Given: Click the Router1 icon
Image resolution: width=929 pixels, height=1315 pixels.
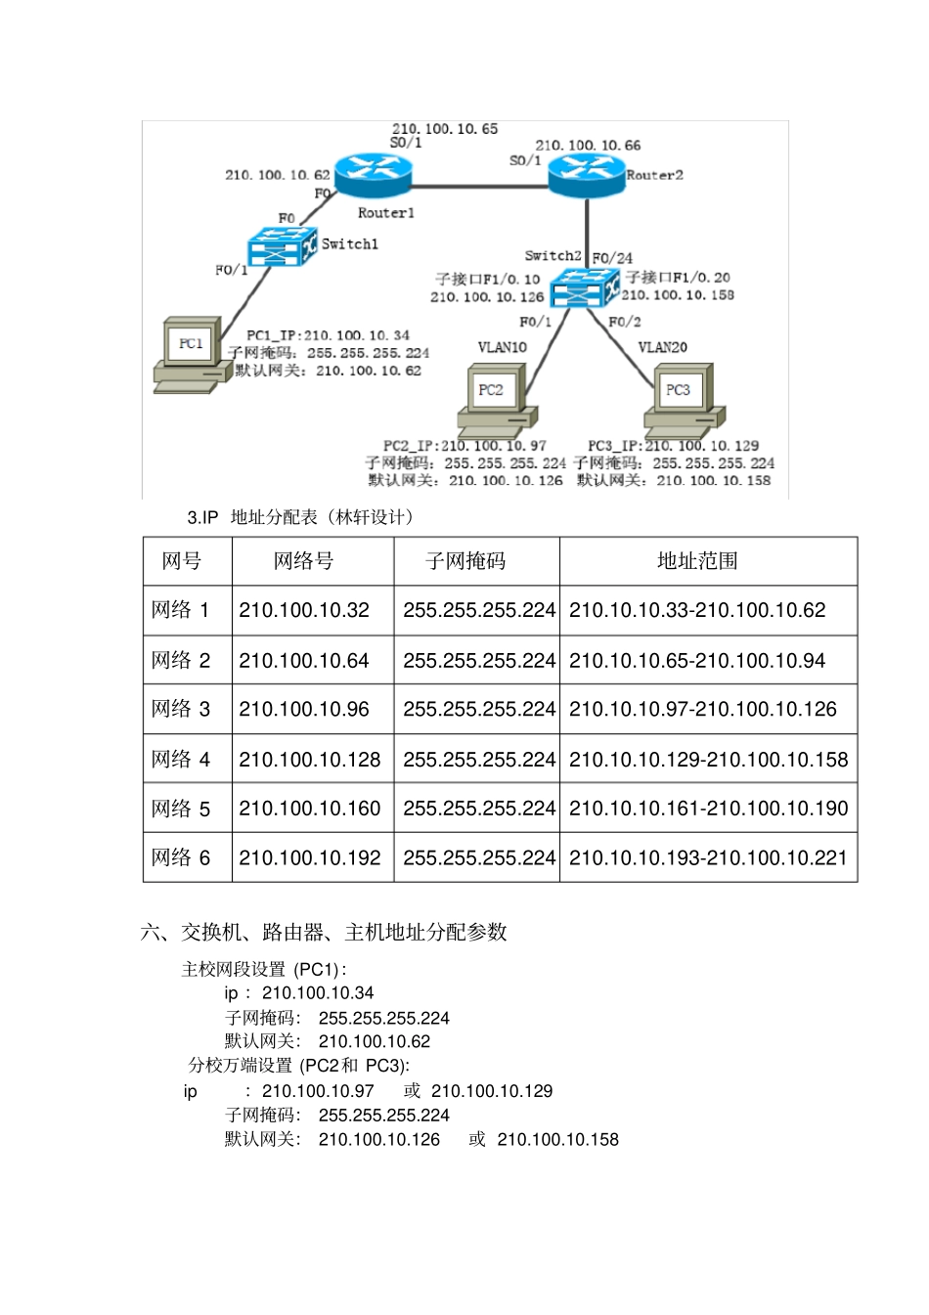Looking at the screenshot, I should [x=373, y=176].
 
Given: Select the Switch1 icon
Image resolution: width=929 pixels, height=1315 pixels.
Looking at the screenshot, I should [x=283, y=246].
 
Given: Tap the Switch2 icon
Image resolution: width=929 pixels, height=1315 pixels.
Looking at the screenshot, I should [x=584, y=286].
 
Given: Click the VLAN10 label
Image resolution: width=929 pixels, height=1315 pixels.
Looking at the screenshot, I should [x=502, y=347].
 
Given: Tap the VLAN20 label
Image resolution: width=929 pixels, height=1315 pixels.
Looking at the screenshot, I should [x=662, y=347].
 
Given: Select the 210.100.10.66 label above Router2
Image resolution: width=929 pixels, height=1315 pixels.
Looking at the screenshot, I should [x=587, y=145].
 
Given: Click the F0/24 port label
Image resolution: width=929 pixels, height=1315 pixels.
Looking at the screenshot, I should [x=612, y=258].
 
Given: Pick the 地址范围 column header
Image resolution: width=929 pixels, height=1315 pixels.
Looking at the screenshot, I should [x=697, y=561].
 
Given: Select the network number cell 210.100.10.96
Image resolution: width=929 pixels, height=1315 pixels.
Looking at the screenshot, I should [x=304, y=709].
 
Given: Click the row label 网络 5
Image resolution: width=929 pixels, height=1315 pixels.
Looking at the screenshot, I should [x=181, y=809].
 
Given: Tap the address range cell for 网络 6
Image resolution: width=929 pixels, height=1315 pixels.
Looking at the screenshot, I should [x=708, y=857].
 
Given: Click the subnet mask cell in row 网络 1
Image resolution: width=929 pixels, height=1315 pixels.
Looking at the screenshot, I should [x=478, y=610].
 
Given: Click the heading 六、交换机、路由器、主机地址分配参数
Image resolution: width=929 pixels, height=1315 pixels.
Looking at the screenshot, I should [x=324, y=932].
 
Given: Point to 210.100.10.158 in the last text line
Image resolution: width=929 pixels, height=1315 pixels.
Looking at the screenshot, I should [x=557, y=1139].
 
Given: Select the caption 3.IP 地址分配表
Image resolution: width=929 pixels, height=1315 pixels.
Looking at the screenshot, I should [x=300, y=517].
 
